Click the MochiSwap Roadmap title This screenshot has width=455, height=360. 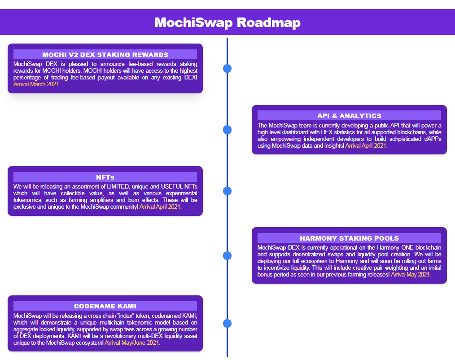(x=227, y=22)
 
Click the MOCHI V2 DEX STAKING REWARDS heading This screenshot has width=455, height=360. (x=105, y=55)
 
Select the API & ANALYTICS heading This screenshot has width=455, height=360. (x=349, y=115)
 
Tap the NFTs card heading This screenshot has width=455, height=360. (x=105, y=177)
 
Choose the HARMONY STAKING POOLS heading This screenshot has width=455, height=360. (x=349, y=238)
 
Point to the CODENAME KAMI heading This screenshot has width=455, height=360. (x=105, y=306)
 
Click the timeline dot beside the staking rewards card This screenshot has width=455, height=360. (x=227, y=69)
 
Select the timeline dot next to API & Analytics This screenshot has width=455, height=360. (x=227, y=130)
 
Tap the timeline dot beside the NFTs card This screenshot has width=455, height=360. (x=227, y=191)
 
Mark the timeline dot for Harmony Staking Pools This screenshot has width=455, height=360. (x=227, y=256)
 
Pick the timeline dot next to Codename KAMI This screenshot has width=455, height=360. (x=227, y=324)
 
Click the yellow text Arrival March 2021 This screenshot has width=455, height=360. (x=37, y=84)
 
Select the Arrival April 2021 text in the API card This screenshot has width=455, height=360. (x=366, y=145)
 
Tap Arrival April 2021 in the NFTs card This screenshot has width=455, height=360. (x=161, y=207)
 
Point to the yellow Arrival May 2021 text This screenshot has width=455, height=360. (x=411, y=274)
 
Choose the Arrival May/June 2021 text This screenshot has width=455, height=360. (x=132, y=342)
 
